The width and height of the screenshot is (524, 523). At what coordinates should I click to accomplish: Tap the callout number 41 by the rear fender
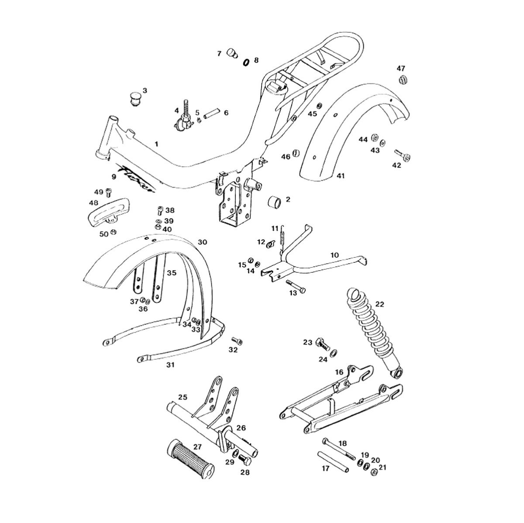[341, 176]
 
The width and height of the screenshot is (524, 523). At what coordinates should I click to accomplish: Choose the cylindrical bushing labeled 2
[275, 203]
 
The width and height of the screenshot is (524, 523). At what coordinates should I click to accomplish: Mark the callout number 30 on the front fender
[203, 242]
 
